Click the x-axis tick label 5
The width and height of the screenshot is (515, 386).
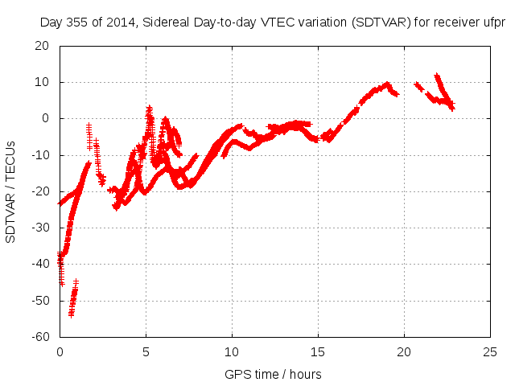(x=146, y=351)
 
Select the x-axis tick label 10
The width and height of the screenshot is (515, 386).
(x=232, y=351)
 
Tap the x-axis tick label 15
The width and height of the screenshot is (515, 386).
(x=318, y=351)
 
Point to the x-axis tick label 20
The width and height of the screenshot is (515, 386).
(x=404, y=351)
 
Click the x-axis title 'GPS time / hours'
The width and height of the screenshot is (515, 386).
(x=274, y=374)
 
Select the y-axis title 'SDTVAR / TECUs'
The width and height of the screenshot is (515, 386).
(x=10, y=191)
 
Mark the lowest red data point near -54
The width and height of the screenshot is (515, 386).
(x=71, y=314)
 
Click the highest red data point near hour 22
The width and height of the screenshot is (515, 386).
(x=437, y=76)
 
